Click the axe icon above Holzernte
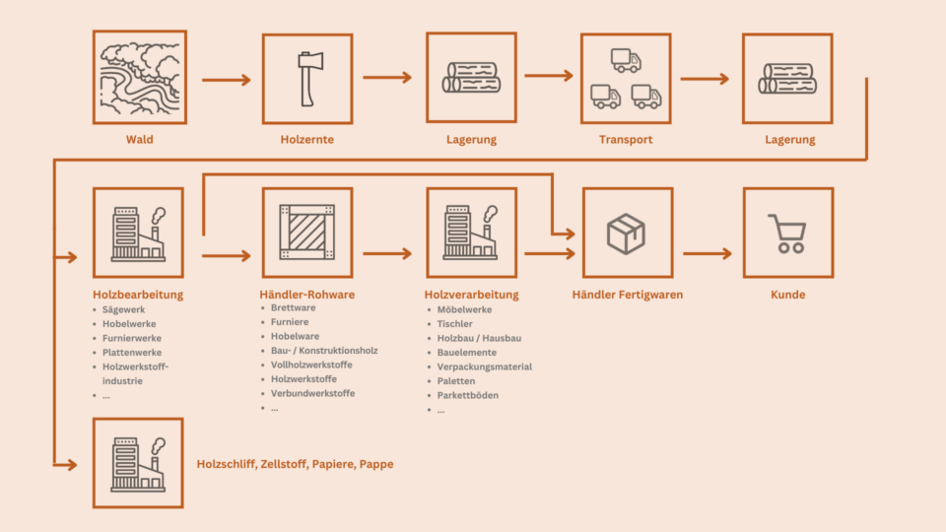(x=307, y=78)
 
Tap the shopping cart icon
(x=787, y=233)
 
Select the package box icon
(x=627, y=233)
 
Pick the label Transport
(x=626, y=140)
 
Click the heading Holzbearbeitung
(x=138, y=295)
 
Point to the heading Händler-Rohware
(x=306, y=295)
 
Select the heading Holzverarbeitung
(x=471, y=295)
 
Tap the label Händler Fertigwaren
(x=627, y=295)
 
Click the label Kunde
(x=787, y=295)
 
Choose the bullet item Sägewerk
(x=123, y=309)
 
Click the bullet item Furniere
(x=290, y=322)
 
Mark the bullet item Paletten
(x=456, y=381)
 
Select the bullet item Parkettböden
(x=468, y=395)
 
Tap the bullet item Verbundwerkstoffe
(x=312, y=393)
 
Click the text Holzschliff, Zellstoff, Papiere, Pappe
(x=295, y=464)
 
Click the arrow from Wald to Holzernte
(x=227, y=80)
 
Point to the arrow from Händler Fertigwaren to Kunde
(x=708, y=253)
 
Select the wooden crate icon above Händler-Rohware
(x=306, y=233)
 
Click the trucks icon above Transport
(x=626, y=78)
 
